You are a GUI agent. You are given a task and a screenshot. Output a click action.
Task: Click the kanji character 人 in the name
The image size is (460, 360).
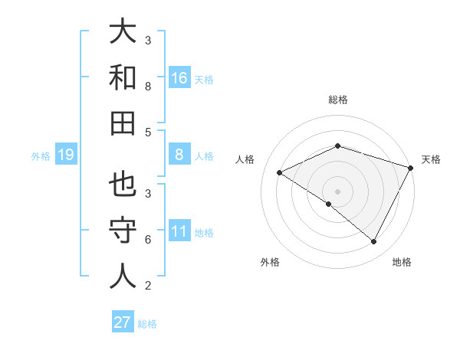point(122,277)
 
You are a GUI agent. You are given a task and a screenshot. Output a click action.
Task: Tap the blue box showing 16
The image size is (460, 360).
point(179,77)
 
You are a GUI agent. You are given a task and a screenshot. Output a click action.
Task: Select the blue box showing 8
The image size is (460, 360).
point(179,155)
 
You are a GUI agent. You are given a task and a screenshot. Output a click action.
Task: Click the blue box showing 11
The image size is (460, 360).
point(179,231)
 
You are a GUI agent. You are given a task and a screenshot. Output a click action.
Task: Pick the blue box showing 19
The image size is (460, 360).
point(65,155)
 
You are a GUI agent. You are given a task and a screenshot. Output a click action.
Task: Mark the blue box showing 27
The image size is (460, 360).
point(122,322)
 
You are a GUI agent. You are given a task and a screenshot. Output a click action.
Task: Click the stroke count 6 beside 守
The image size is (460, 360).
point(148,240)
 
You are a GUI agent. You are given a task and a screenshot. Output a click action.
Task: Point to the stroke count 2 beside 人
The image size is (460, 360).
point(148,286)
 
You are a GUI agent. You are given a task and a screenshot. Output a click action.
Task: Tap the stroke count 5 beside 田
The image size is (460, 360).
point(148,132)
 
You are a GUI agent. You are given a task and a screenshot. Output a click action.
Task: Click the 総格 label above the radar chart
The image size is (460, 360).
point(337,100)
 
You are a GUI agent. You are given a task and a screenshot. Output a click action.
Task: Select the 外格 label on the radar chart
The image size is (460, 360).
point(270,262)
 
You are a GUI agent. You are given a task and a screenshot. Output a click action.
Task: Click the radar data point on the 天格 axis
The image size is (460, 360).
point(412,168)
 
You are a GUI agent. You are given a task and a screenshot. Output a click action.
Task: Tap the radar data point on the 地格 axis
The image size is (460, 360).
point(374,242)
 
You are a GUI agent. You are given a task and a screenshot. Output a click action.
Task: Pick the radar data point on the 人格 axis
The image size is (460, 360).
point(280,172)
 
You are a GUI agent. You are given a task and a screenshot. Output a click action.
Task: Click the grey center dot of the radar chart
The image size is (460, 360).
point(337,191)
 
